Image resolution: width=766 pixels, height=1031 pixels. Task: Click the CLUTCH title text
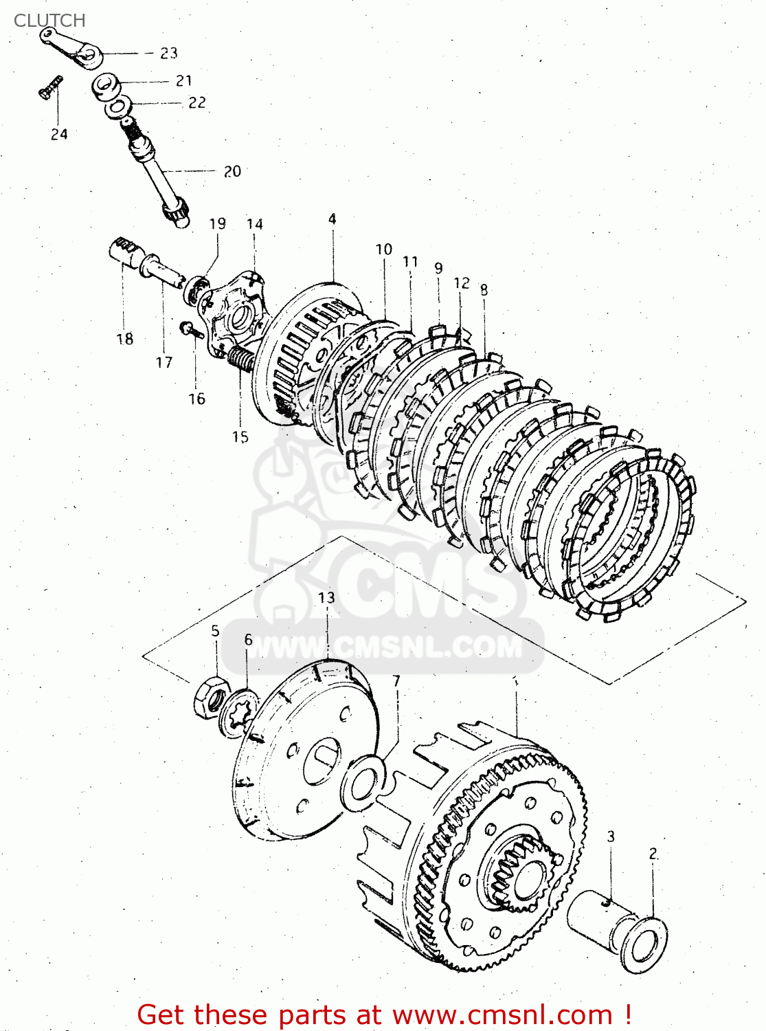(x=49, y=21)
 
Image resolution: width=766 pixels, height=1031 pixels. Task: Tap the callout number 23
(x=168, y=53)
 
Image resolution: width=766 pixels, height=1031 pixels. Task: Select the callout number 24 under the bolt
(x=59, y=134)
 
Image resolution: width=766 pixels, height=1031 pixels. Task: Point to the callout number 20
(x=232, y=171)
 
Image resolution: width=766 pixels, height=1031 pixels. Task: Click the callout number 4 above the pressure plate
(x=333, y=219)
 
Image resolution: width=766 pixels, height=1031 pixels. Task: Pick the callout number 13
(x=326, y=597)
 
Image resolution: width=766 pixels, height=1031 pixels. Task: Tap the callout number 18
(x=124, y=339)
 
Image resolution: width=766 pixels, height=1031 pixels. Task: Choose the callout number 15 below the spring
(x=240, y=437)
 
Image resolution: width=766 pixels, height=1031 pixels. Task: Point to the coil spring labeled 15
(x=240, y=359)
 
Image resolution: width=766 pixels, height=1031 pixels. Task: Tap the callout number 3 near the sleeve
(x=610, y=836)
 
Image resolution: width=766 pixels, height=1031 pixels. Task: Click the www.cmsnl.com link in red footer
(x=502, y=1015)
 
